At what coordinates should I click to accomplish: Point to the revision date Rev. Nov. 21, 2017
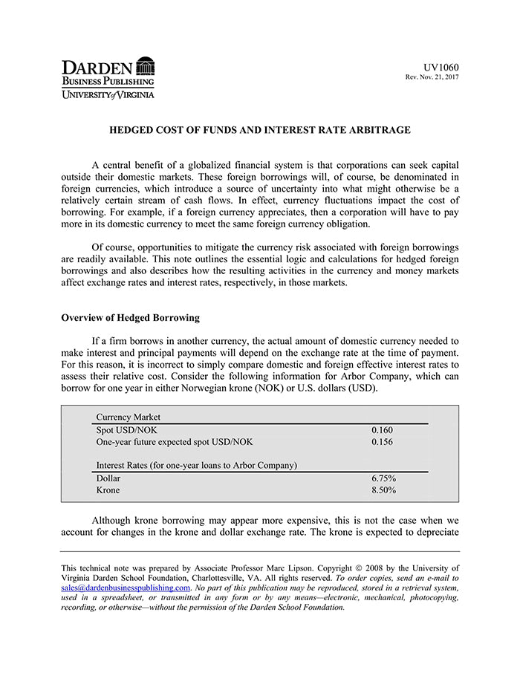432,77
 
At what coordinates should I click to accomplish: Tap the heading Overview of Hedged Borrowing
130,318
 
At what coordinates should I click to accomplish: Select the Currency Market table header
128,417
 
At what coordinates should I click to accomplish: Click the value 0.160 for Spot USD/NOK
382,430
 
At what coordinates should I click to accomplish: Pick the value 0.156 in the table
382,442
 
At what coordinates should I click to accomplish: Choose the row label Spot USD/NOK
126,430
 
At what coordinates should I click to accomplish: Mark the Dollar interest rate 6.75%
383,478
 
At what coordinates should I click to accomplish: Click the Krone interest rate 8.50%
383,490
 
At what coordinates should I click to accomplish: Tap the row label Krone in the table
108,490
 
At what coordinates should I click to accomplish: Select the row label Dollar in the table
108,478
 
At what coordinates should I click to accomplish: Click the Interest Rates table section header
196,466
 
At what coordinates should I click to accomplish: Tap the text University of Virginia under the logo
108,94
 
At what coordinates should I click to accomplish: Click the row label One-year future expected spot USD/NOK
174,442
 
